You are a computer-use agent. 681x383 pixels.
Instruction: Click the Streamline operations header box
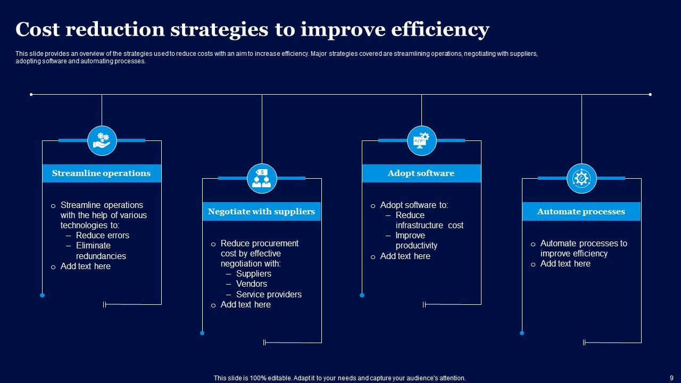pos(101,173)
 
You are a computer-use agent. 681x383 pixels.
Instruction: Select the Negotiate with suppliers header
pos(261,212)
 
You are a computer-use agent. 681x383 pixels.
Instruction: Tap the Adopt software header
pos(421,173)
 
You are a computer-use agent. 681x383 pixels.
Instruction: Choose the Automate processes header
pos(581,212)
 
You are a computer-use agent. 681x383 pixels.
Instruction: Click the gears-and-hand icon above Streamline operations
pos(102,141)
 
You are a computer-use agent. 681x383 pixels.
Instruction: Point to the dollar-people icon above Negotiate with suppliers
pos(262,178)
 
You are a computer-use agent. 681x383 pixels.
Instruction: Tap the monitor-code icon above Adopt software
pos(421,141)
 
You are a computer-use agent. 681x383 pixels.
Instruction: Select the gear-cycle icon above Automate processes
pos(582,178)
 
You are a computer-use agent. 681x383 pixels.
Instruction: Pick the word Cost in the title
pos(37,30)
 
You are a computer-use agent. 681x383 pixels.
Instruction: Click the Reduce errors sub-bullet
pos(102,235)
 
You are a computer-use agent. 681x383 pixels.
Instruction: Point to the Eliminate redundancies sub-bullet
pos(100,251)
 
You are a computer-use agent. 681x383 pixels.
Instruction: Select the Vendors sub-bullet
pos(251,284)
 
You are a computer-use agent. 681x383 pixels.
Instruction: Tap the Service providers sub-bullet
pos(269,294)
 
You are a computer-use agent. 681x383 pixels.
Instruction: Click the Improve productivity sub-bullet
pos(416,240)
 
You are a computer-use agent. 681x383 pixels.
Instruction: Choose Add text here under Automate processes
pos(565,264)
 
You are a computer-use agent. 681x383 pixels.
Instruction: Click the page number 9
pos(671,378)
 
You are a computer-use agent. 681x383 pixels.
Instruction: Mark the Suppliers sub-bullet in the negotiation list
pos(253,274)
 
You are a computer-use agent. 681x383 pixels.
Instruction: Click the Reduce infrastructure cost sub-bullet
pos(429,220)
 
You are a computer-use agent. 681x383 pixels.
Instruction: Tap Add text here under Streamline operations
pos(85,267)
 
